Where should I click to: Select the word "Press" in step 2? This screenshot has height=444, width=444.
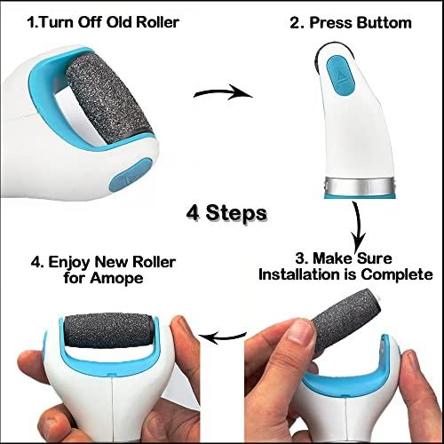(x=329, y=20)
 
